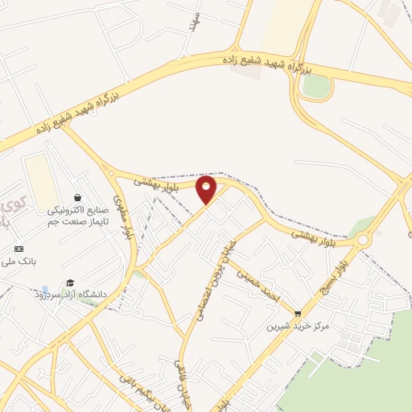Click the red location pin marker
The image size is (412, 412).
[x=207, y=190]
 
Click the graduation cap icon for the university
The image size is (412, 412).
[x=70, y=282]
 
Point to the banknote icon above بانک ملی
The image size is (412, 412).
[x=19, y=249]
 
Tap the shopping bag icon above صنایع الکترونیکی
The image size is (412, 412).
[x=76, y=197]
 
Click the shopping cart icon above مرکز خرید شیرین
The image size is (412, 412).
[x=298, y=314]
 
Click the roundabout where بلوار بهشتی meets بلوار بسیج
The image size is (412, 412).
[x=363, y=240]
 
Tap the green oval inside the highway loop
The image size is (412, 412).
[x=316, y=86]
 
